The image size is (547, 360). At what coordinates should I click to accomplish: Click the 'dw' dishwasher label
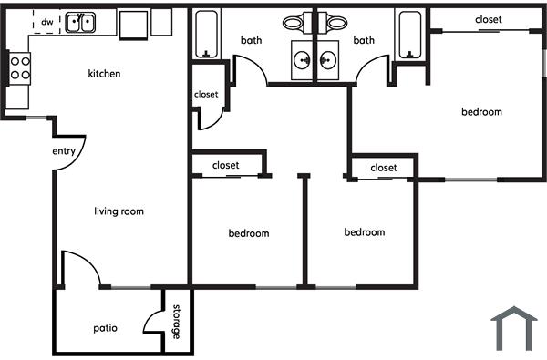46,20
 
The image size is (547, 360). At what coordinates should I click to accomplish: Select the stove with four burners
19,67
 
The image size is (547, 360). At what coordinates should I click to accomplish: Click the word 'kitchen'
104,74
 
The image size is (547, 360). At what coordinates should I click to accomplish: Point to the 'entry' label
64,152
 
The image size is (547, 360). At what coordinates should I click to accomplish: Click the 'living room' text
119,211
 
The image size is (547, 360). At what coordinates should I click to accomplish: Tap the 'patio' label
105,327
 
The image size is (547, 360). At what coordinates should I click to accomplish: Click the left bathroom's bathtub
206,33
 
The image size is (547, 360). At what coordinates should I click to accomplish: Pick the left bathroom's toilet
294,21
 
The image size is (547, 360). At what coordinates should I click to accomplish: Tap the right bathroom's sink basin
326,60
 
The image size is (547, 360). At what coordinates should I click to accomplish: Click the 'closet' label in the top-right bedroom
488,19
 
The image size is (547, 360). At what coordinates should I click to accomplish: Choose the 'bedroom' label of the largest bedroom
481,112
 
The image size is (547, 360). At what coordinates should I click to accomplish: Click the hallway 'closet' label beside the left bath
206,94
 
